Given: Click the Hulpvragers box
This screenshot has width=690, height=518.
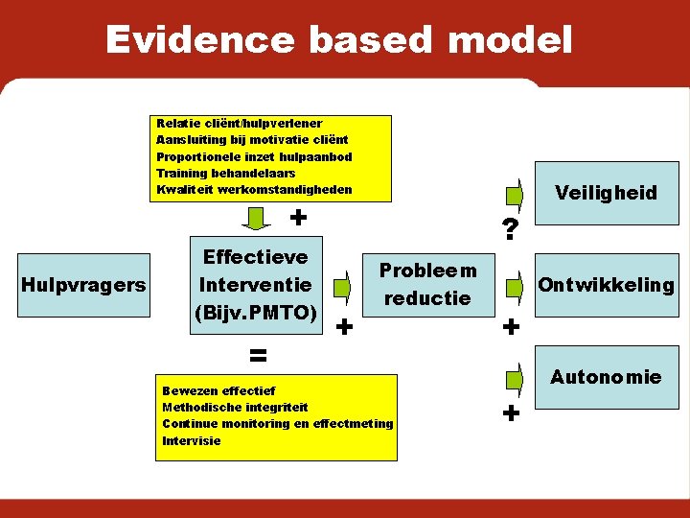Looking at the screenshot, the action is [83, 284].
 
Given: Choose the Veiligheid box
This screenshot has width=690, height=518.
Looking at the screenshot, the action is [607, 192].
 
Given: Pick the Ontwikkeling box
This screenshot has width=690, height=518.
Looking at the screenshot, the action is [607, 285].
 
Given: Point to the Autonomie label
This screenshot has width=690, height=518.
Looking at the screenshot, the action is [606, 377].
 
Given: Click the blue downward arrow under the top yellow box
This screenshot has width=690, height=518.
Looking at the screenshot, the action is [256, 219].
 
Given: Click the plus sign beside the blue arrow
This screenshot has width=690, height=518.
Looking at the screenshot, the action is [298, 218].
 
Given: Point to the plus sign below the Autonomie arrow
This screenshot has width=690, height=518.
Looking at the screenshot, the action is [511, 414].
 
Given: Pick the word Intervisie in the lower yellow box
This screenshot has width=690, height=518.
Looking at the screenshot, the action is [192, 440].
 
